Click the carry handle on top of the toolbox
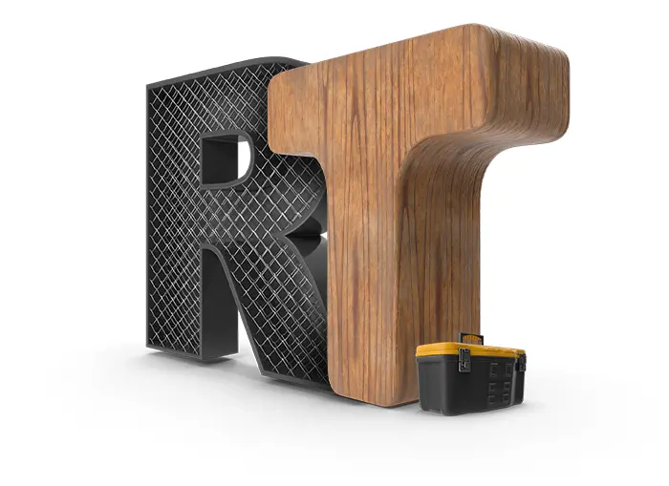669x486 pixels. coord(470,338)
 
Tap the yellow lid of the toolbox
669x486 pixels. coord(469,350)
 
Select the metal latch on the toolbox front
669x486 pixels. coord(464,359)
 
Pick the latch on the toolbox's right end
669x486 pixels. coord(522,362)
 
